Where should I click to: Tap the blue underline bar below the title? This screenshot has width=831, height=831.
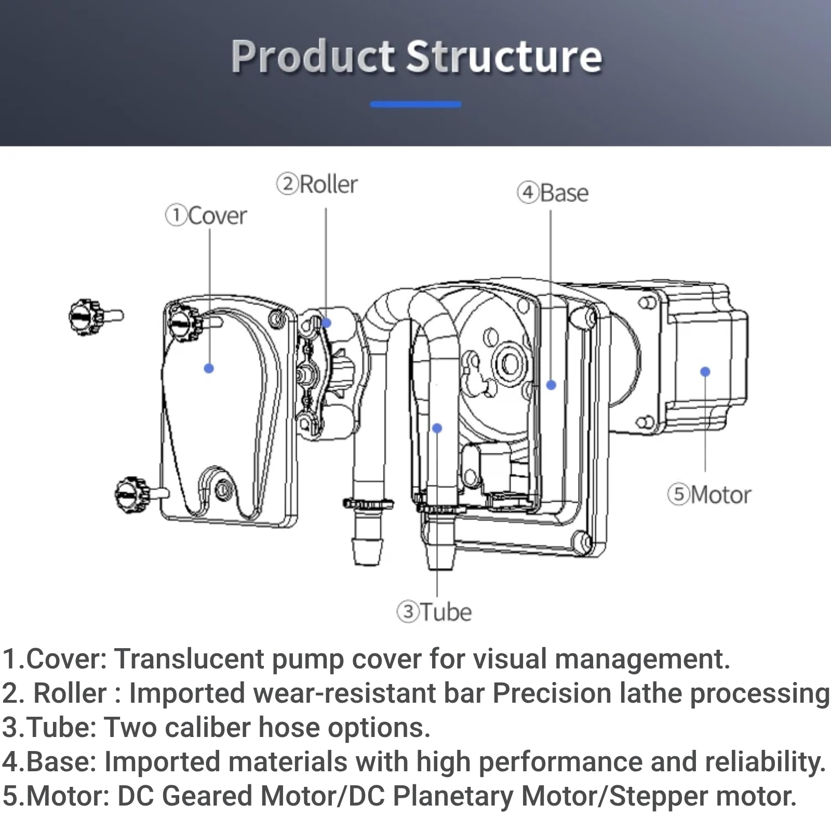point(415,104)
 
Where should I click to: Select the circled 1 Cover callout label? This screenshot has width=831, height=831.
point(206,216)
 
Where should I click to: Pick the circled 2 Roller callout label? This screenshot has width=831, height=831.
point(317,184)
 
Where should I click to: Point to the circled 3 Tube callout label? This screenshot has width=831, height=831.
point(435,612)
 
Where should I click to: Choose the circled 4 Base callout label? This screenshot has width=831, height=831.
point(553,193)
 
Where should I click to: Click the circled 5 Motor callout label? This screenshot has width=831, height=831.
point(709,494)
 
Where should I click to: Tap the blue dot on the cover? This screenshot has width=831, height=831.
point(209,368)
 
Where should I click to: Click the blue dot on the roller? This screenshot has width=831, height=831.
point(326,323)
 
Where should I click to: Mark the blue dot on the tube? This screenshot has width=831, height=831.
point(437,428)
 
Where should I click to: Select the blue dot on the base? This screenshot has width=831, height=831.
point(552,385)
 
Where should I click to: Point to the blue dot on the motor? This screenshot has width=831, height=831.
point(705,371)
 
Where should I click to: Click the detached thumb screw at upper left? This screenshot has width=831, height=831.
point(96,316)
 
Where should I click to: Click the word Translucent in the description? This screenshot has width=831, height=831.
point(190,659)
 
